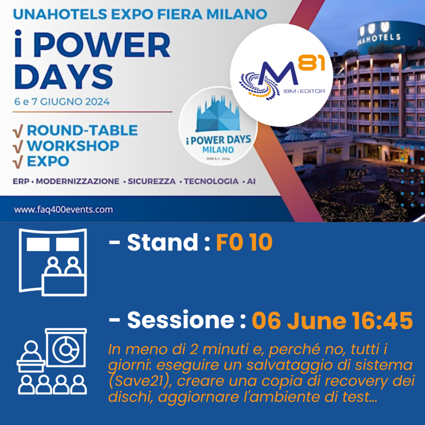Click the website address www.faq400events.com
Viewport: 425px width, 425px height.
point(64,210)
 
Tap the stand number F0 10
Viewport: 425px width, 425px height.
point(244,242)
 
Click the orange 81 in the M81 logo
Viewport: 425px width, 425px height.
point(312,63)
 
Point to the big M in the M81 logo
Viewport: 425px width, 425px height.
point(276,73)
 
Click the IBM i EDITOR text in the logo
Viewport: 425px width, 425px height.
point(304,91)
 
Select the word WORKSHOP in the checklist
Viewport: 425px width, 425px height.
point(73,146)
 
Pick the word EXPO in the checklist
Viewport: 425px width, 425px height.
point(48,161)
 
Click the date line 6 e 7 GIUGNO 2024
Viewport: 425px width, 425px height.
point(62,102)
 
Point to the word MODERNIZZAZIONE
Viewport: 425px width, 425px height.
point(78,181)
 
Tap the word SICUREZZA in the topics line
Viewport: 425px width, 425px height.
point(151,181)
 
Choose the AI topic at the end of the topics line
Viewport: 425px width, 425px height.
point(251,181)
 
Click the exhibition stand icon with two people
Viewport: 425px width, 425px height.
point(53,262)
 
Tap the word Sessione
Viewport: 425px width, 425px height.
point(181,320)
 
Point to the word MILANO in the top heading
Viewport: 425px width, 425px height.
point(236,14)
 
